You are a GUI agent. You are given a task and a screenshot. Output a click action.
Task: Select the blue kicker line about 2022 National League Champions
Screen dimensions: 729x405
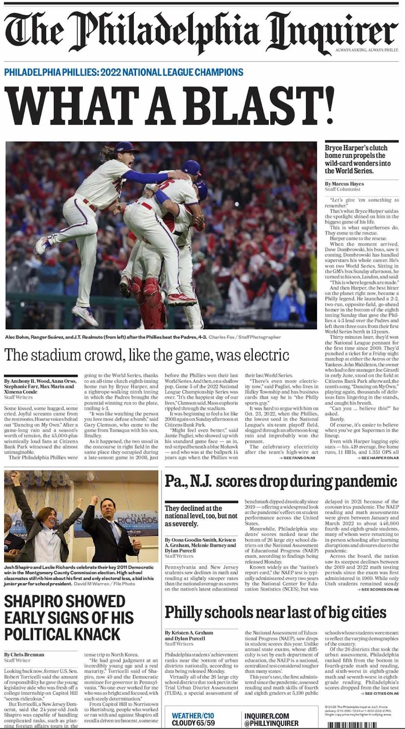click(x=124, y=72)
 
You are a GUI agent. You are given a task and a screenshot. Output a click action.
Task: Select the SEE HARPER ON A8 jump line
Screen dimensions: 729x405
click(x=379, y=457)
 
